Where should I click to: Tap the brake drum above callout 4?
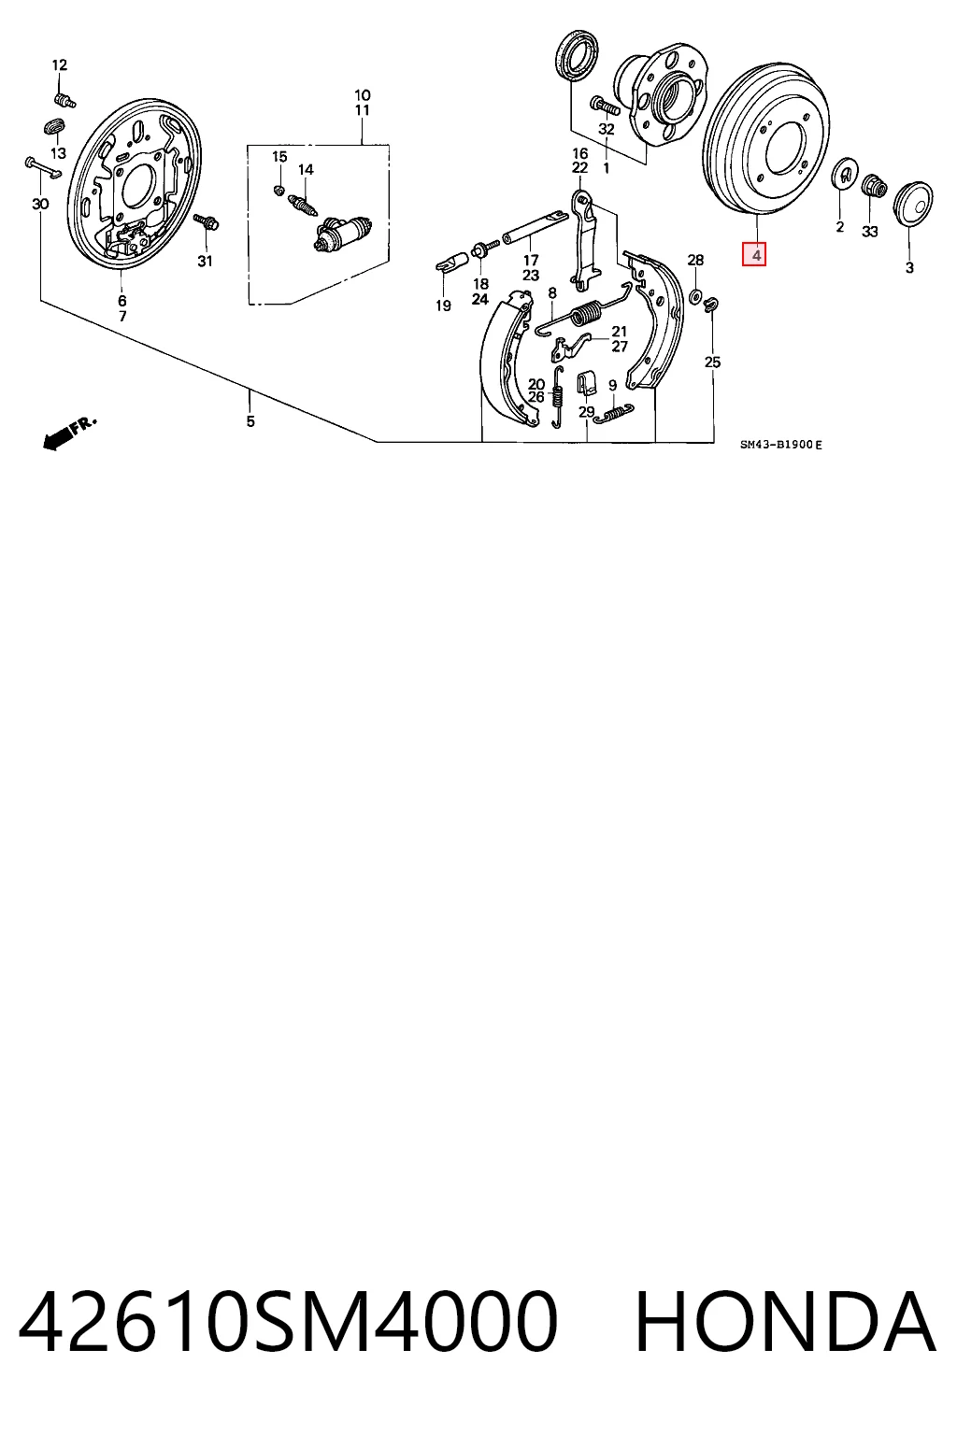coord(766,141)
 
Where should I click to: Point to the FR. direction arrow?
coord(68,433)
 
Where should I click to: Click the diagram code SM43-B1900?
coord(777,444)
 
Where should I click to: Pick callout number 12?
coord(59,64)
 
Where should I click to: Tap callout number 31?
coord(205,261)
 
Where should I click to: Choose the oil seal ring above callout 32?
coord(578,55)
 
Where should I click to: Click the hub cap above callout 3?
coord(913,203)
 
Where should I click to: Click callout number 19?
coord(444,305)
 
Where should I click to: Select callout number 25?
coord(713,362)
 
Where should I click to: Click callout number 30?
coord(40,204)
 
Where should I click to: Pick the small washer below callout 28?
coord(694,296)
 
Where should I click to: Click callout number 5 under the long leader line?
coord(250,421)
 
